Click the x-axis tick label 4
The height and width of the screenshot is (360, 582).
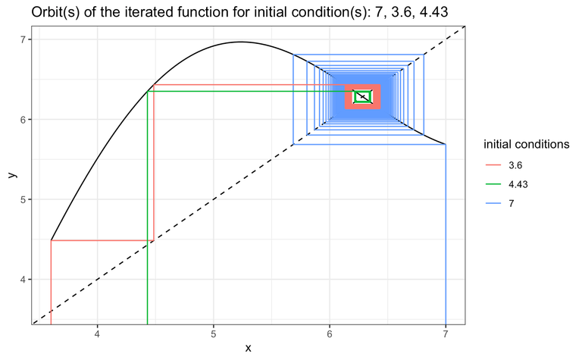click(98, 333)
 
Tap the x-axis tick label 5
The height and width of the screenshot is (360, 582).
click(214, 333)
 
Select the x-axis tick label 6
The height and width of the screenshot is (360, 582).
click(330, 333)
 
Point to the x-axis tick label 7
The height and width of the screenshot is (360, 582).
click(446, 333)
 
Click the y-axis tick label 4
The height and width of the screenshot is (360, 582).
click(23, 280)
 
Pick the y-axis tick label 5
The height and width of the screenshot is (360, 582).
click(23, 199)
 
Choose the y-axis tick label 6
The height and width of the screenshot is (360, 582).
click(23, 120)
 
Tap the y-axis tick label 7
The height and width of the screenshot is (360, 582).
click(23, 39)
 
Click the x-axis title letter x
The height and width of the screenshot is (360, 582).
click(248, 348)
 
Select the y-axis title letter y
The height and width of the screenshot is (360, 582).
click(11, 174)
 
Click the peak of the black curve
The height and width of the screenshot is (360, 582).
click(241, 42)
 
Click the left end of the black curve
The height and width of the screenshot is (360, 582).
click(52, 239)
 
